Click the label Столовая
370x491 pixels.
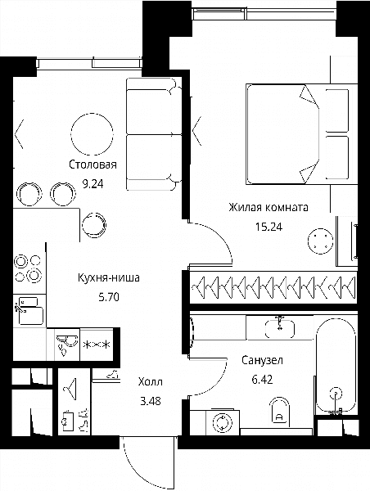coord(92,164)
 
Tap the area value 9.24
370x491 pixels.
coord(92,184)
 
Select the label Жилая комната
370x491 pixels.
coord(268,207)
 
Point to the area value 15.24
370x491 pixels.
coord(268,227)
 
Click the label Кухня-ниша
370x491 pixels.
coord(109,277)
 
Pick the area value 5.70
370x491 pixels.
coord(109,296)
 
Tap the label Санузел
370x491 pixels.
coord(262,360)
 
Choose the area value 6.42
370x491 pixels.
coord(262,380)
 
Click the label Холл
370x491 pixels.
coord(151,381)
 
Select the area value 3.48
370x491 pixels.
coord(151,401)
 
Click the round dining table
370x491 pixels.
coord(92,134)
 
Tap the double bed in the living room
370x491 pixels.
coord(301,134)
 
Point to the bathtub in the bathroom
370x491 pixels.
coord(336,366)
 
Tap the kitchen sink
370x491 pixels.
coord(29,311)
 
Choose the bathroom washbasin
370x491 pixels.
coord(280,328)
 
